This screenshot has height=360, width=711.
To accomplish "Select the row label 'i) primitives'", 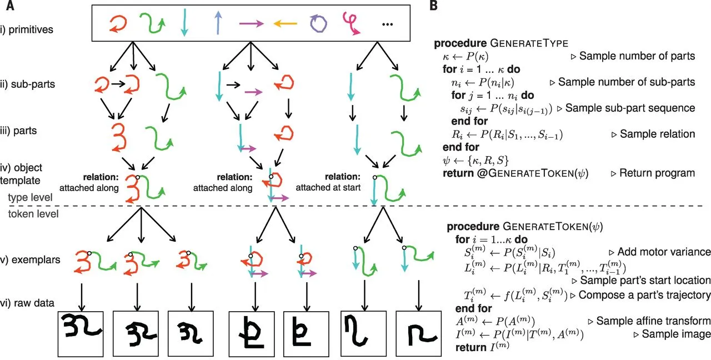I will click(x=34, y=29).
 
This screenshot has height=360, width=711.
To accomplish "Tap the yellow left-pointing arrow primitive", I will click(x=285, y=23).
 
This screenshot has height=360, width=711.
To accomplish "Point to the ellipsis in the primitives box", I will click(x=390, y=25).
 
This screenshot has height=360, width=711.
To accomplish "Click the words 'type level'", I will click(x=31, y=197).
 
